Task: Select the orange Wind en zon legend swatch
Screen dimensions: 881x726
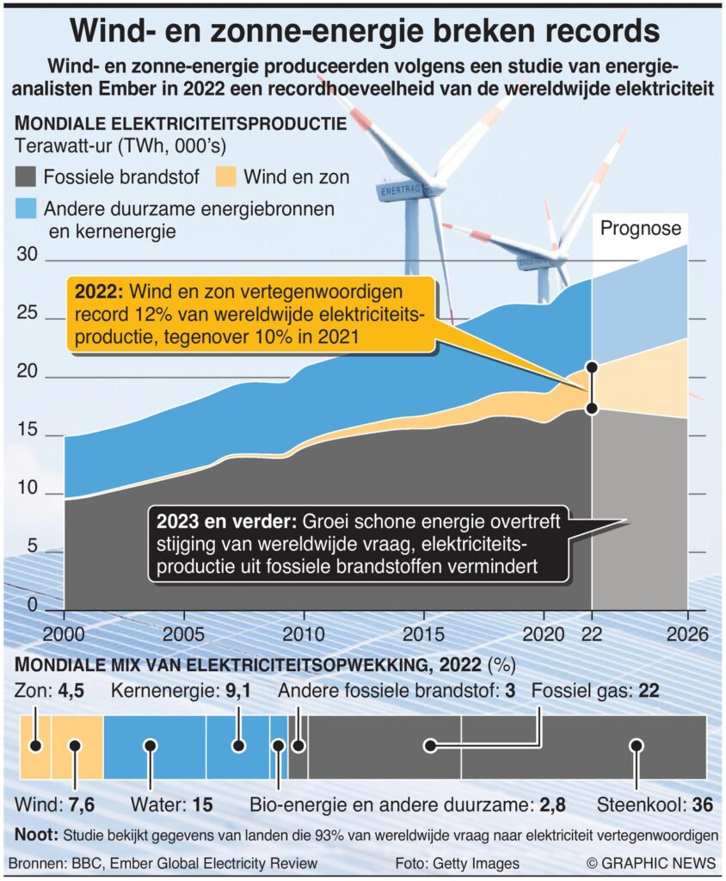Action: [225, 178]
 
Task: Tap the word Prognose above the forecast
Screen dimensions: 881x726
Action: [640, 229]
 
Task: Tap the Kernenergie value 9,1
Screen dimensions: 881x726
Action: [249, 691]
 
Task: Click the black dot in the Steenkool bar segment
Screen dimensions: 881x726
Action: [636, 746]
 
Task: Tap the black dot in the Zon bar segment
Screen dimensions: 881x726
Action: [35, 746]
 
